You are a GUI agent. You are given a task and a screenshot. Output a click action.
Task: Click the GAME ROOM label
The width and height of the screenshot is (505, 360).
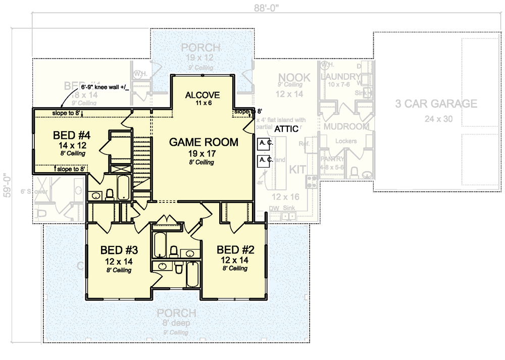(204, 142)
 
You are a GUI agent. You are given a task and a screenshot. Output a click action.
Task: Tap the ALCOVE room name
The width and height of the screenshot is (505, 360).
(203, 95)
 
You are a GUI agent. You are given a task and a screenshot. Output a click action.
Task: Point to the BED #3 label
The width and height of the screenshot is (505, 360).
(119, 250)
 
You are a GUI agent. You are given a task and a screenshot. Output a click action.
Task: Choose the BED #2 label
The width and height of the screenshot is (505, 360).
(235, 249)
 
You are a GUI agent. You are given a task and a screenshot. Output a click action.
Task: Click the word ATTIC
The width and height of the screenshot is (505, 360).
(286, 129)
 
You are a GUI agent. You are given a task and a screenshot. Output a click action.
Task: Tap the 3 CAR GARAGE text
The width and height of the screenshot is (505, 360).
(436, 104)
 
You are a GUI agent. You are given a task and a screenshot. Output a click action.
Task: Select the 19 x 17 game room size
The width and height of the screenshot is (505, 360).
(204, 153)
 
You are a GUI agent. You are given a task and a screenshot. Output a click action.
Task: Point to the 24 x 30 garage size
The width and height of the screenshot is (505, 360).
(436, 119)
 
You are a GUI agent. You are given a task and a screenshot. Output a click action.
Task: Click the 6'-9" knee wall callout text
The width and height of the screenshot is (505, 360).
(106, 88)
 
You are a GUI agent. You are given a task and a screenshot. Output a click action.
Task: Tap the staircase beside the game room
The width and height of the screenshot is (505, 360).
(142, 157)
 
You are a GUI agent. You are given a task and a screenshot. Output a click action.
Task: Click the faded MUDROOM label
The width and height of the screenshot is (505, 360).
(346, 126)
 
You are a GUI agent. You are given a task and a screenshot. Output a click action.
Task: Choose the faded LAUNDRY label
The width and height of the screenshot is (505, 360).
(340, 76)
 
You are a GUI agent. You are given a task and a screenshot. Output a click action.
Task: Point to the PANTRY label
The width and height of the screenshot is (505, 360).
(332, 159)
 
